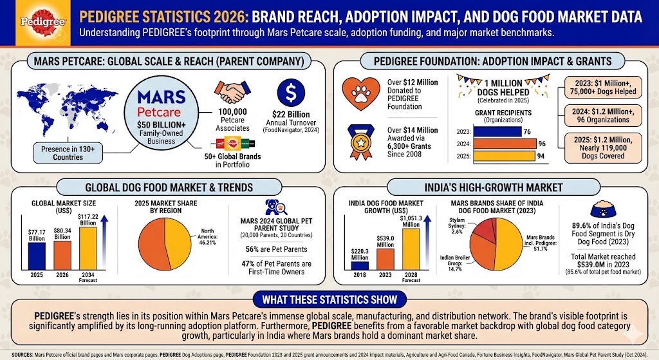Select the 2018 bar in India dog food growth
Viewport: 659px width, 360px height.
click(x=360, y=264)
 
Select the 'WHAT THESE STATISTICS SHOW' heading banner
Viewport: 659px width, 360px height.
click(x=329, y=299)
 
